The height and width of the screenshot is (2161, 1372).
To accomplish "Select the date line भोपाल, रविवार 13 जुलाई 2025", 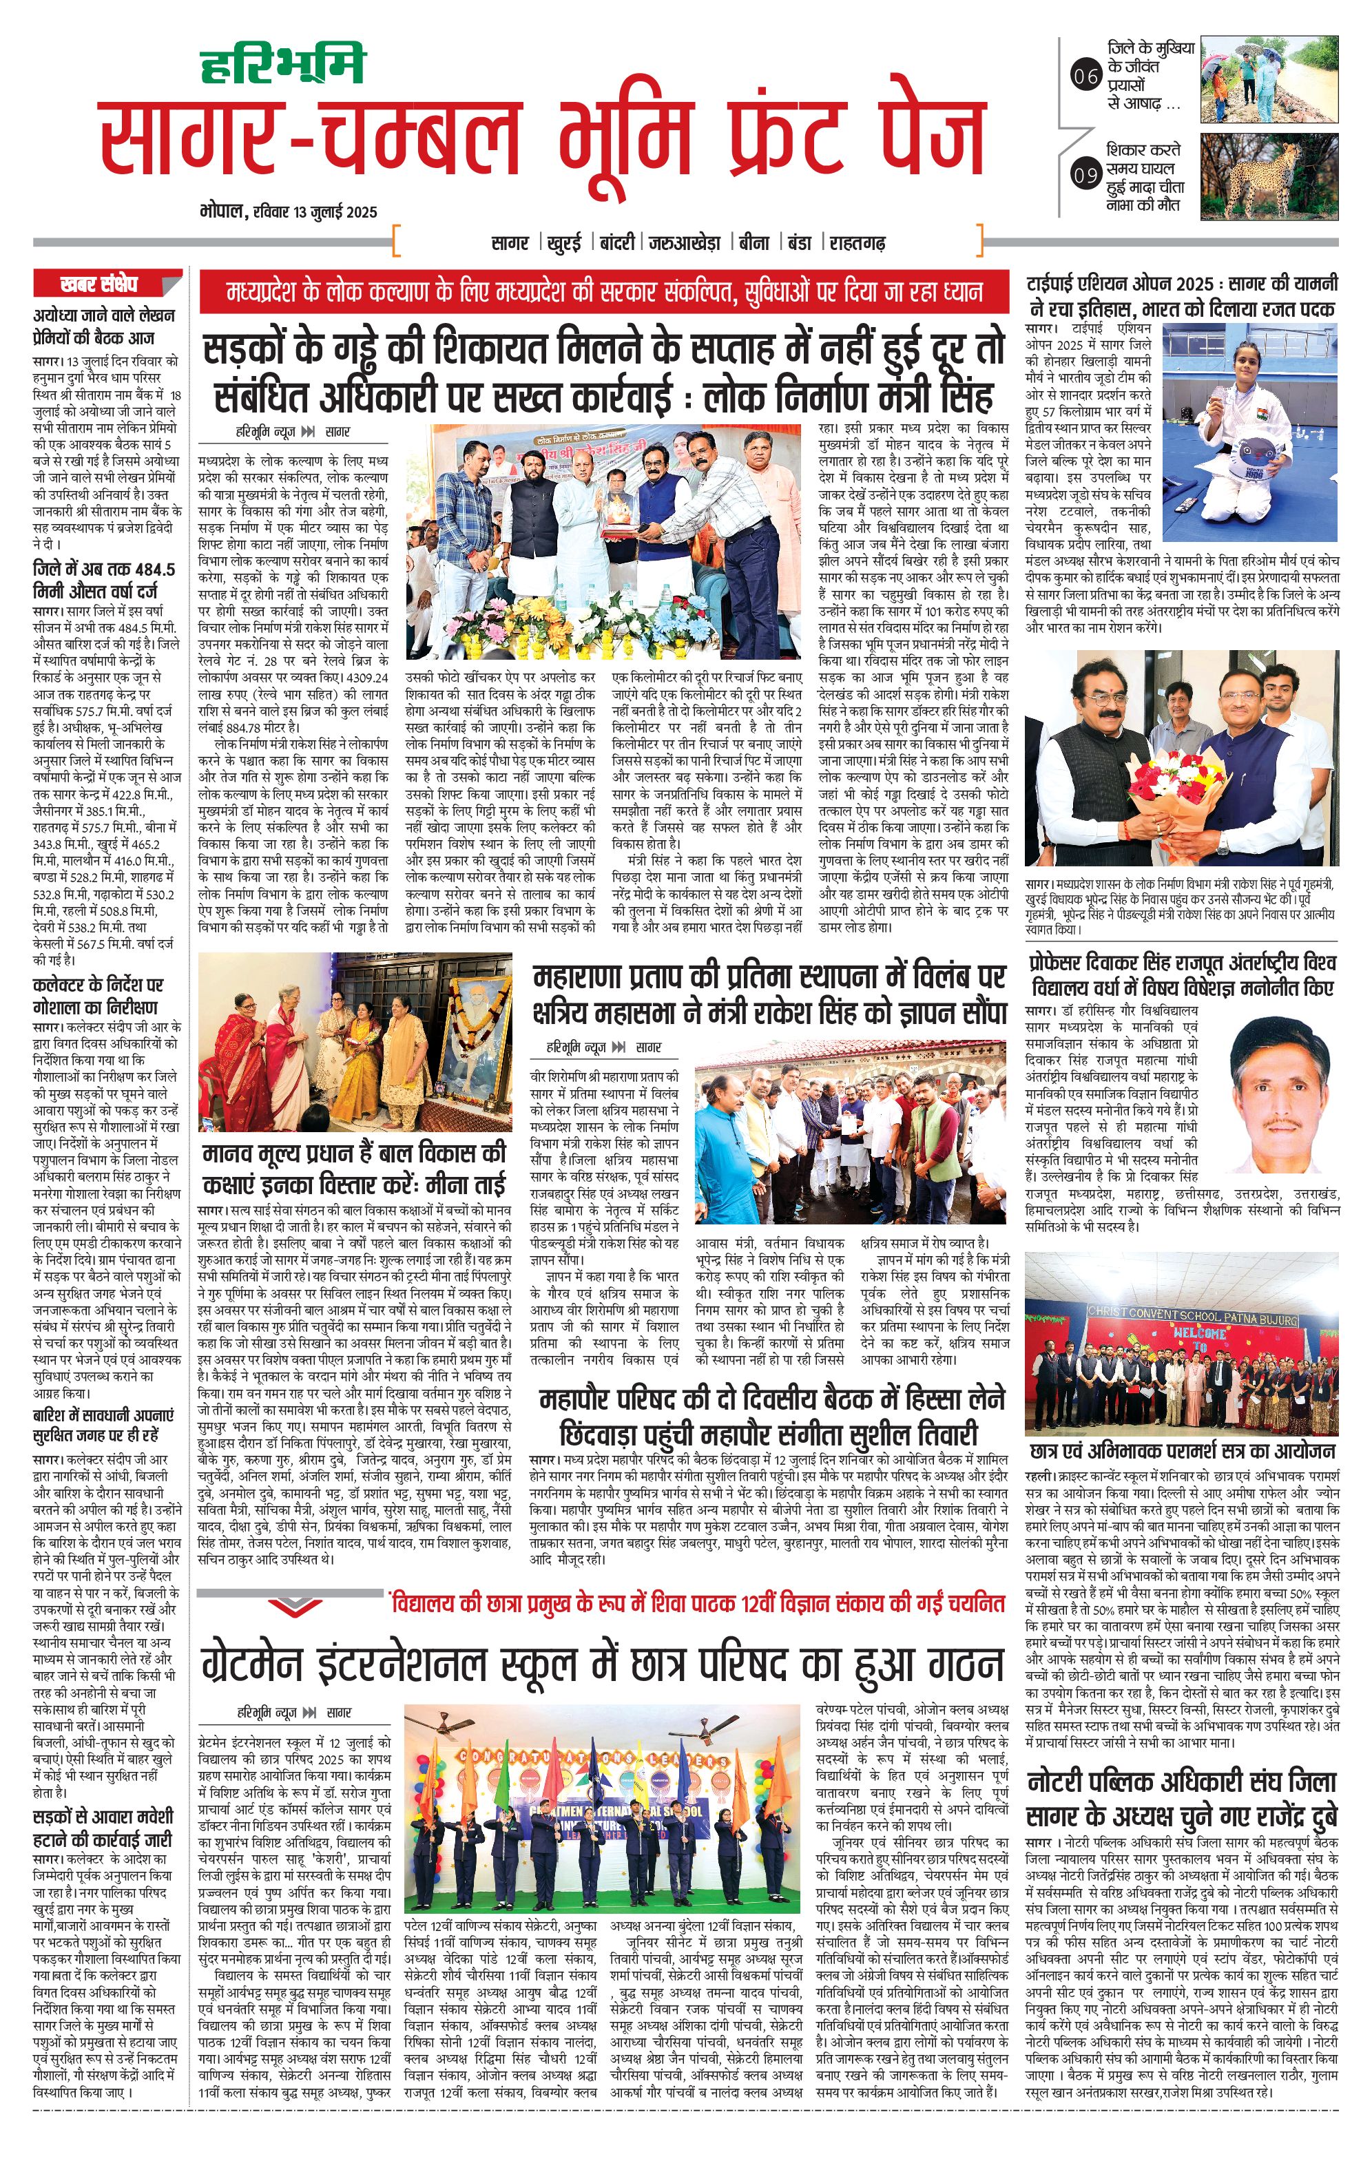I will [x=289, y=213].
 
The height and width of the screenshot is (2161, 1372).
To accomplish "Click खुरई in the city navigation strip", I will [x=563, y=242].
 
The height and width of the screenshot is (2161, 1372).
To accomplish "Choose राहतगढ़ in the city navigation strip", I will [x=857, y=242].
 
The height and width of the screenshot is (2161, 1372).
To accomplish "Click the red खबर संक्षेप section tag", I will [x=98, y=284].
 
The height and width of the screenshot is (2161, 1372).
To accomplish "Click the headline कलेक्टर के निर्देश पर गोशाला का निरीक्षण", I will [x=98, y=996].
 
